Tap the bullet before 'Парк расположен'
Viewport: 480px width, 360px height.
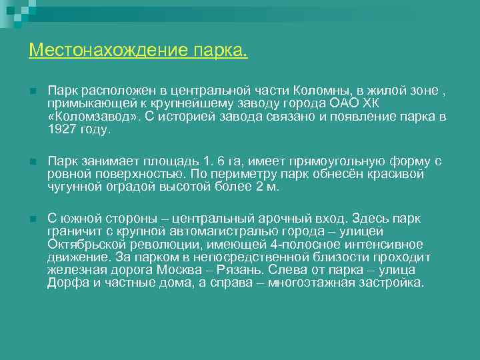32,89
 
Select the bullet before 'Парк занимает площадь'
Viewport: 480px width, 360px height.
32,161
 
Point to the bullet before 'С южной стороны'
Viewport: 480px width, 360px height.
32,219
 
